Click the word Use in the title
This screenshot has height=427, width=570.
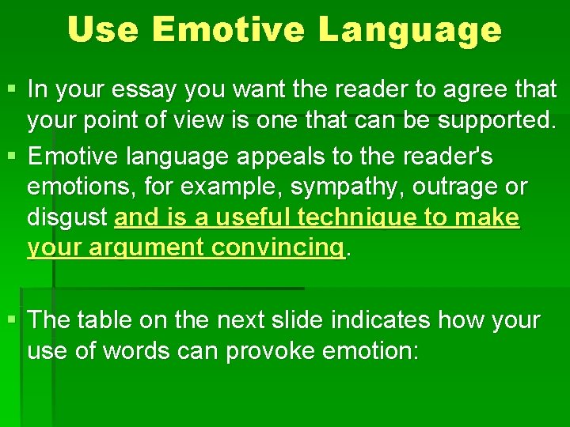pyautogui.click(x=102, y=30)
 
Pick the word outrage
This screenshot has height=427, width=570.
pyautogui.click(x=462, y=187)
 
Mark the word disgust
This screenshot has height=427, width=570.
pyautogui.click(x=68, y=218)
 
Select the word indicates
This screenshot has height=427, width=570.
pyautogui.click(x=382, y=321)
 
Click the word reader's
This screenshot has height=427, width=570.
pyautogui.click(x=450, y=157)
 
